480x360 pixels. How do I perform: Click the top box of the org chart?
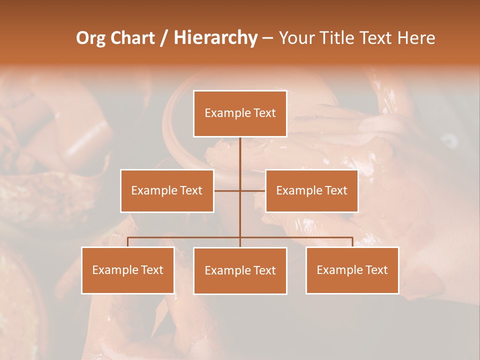click(240, 113)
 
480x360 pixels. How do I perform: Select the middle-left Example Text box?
click(167, 190)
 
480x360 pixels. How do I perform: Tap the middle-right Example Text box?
click(311, 190)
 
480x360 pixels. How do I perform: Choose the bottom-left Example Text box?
click(128, 270)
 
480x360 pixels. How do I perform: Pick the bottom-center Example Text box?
click(240, 270)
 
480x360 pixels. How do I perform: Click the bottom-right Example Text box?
click(352, 270)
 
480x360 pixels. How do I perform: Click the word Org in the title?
click(90, 38)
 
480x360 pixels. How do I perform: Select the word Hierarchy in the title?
click(215, 38)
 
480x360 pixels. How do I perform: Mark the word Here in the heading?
click(416, 38)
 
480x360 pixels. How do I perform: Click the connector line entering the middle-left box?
click(226, 190)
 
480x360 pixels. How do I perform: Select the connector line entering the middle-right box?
click(253, 190)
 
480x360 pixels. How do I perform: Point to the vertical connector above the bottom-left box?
click(128, 242)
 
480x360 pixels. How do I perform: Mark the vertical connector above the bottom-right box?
click(352, 242)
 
